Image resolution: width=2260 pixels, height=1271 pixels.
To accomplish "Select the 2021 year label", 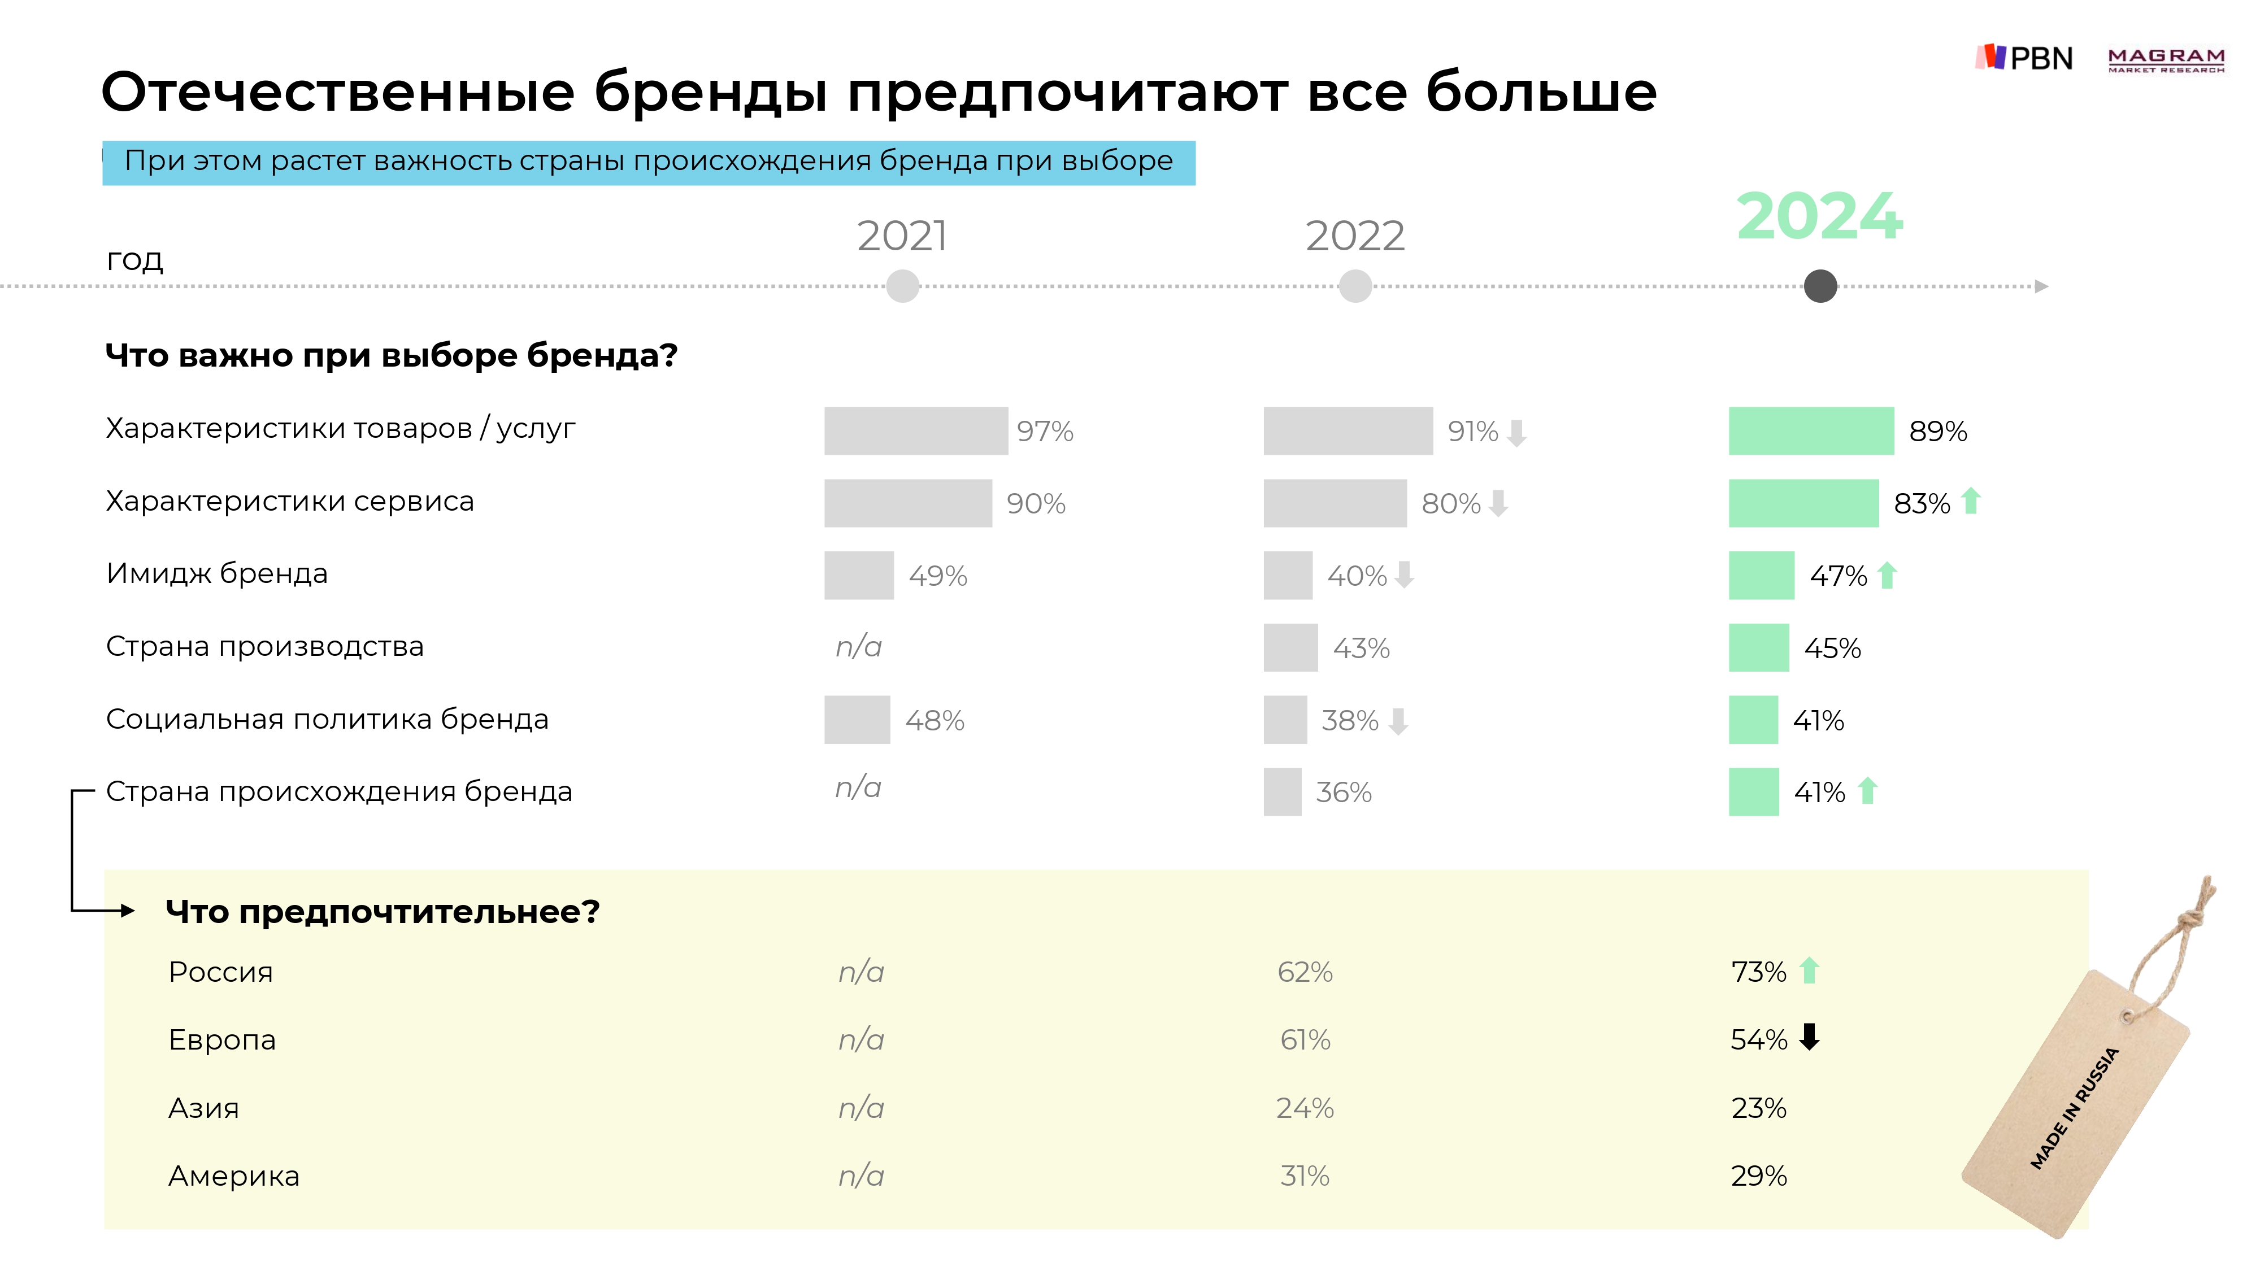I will tap(902, 236).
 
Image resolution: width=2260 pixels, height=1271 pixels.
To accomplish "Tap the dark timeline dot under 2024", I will tap(1820, 286).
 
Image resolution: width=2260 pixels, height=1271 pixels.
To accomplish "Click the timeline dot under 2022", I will tap(1355, 286).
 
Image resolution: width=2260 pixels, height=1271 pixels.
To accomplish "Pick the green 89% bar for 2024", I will tap(1811, 430).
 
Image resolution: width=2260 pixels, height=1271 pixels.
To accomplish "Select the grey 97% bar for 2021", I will tap(916, 430).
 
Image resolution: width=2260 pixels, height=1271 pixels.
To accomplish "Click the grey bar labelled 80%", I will tap(1335, 503).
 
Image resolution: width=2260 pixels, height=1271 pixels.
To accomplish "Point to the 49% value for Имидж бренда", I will tap(938, 576).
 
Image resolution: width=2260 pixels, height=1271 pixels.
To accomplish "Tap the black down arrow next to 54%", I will tap(1809, 1038).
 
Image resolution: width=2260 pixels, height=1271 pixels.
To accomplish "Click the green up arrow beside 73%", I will tap(1809, 971).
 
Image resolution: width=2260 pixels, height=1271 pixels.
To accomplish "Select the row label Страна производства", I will tap(265, 646).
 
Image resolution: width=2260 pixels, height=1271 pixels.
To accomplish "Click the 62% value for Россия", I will tap(1305, 972).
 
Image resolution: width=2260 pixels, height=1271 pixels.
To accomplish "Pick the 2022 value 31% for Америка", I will tap(1305, 1176).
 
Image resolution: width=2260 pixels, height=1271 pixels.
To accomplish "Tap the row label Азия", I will tap(203, 1108).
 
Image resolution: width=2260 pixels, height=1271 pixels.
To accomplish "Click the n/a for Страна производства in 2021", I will tap(858, 646).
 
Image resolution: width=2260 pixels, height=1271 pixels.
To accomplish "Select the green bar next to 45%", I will tap(1758, 648).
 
